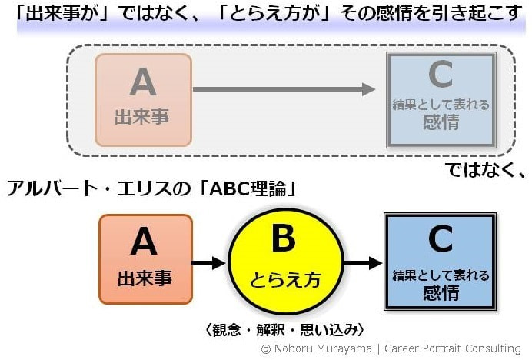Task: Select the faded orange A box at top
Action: tap(143, 99)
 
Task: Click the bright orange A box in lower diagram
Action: tap(145, 259)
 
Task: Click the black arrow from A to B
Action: tap(208, 264)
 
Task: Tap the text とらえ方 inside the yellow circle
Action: tap(284, 278)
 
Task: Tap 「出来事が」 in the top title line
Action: tap(51, 14)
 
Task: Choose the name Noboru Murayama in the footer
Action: tap(317, 348)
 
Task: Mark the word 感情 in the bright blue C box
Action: tap(441, 292)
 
